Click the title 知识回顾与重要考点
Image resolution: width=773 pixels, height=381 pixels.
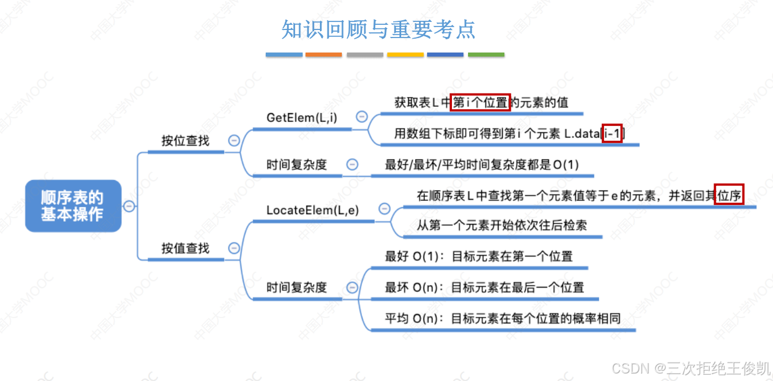[378, 29]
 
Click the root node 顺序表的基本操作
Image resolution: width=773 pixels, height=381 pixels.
[73, 206]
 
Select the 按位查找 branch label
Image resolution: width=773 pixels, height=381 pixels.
[185, 140]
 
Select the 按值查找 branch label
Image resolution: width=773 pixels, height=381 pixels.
[185, 248]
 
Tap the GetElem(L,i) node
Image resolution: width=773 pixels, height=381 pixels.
[301, 118]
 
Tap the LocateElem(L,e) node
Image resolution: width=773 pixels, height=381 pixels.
[312, 210]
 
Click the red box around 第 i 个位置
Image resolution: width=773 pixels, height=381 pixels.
[480, 102]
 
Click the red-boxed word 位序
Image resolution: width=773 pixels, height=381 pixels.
[729, 195]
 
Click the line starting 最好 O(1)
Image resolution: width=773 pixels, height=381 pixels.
[478, 256]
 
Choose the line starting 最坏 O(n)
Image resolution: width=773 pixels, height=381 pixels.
[484, 287]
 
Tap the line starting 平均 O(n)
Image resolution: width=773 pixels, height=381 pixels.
[502, 318]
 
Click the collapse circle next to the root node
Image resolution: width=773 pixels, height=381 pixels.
[130, 206]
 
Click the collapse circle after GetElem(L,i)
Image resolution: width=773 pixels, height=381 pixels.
[362, 117]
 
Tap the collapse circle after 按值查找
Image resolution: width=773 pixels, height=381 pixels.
[234, 248]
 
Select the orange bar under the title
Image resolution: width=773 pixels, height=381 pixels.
[323, 55]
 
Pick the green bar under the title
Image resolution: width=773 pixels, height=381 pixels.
[486, 55]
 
